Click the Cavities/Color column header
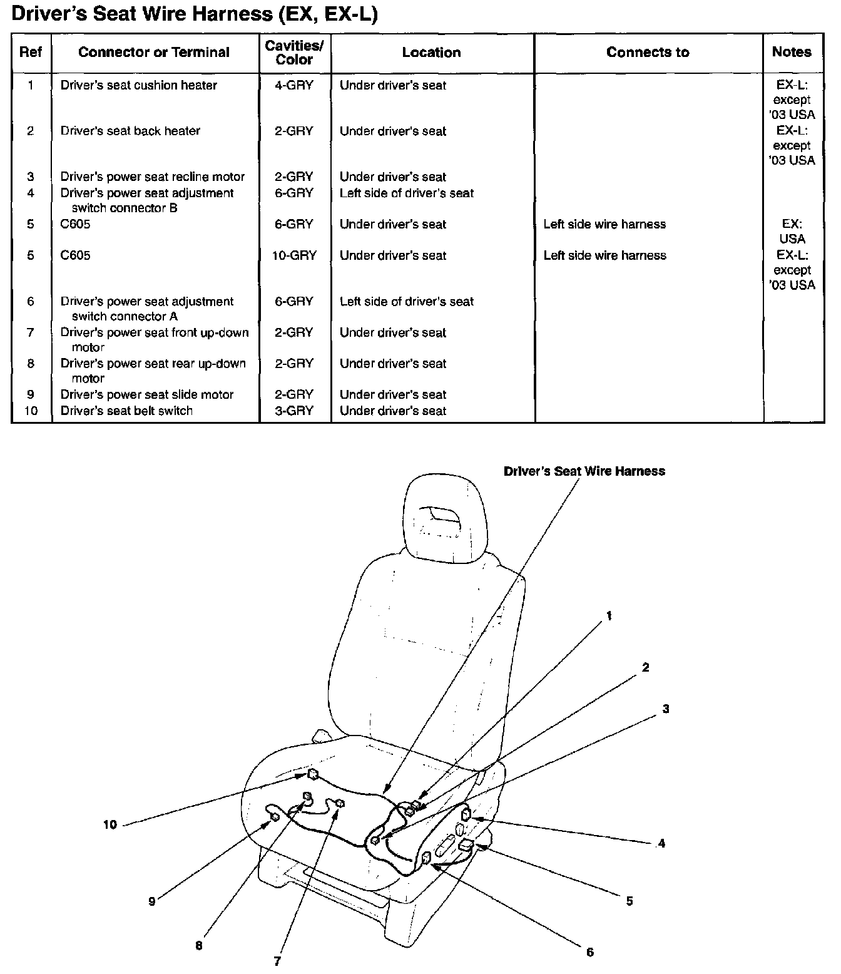click(294, 53)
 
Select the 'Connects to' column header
click(648, 53)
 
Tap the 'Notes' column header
click(792, 52)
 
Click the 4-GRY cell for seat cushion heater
click(294, 85)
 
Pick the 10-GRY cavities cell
click(294, 255)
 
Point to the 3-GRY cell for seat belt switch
click(294, 411)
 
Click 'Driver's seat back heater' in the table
click(130, 131)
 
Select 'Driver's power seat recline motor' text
click(153, 177)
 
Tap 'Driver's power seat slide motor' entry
click(147, 394)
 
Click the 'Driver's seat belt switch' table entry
click(126, 411)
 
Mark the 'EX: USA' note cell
click(792, 232)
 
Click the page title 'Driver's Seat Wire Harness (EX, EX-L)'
click(195, 14)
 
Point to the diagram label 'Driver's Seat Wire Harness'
click(584, 471)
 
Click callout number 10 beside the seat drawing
click(110, 824)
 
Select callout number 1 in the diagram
click(609, 616)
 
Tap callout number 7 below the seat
click(277, 961)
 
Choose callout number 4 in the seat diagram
click(661, 844)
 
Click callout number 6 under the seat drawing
click(589, 952)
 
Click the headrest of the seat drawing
click(445, 513)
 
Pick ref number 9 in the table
click(31, 394)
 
